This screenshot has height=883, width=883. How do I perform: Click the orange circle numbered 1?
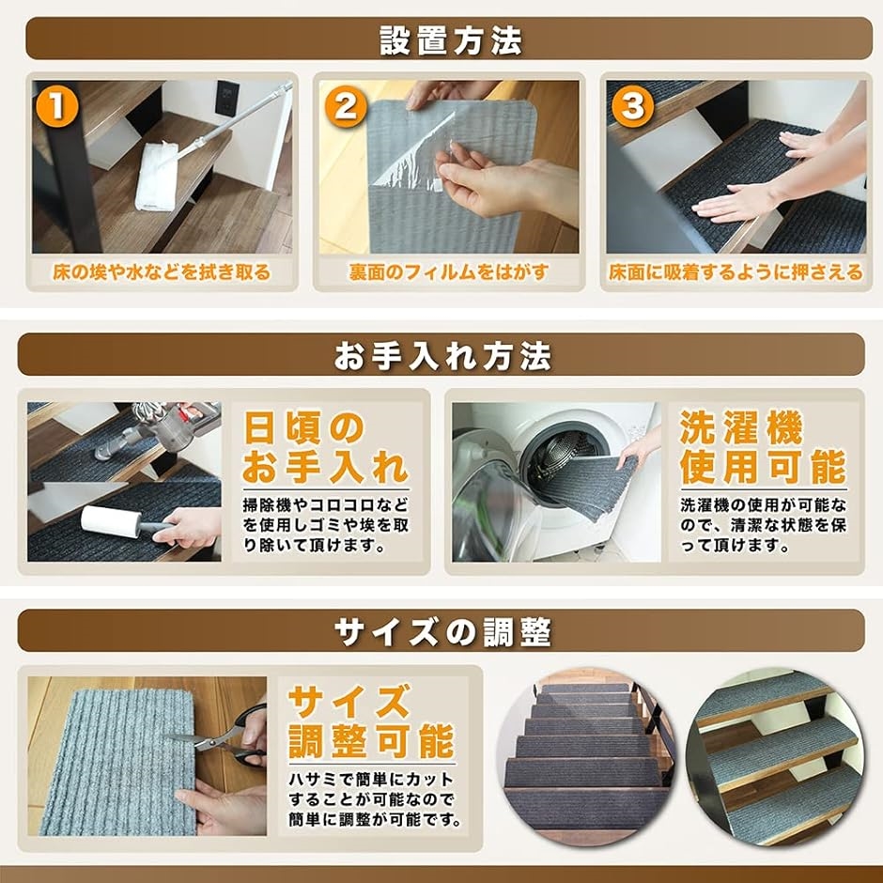(x=57, y=105)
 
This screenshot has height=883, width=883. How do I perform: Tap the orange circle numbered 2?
(x=346, y=105)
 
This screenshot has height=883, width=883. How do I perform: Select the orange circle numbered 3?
(x=632, y=105)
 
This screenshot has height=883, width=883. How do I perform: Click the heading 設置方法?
(x=451, y=40)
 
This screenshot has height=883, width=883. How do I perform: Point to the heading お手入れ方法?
(x=442, y=356)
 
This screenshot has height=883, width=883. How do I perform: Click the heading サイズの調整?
(x=442, y=632)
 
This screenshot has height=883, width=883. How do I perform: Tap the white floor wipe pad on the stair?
(x=157, y=177)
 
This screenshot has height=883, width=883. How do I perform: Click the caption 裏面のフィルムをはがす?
(x=449, y=272)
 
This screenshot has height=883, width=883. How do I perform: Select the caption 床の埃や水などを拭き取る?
(x=162, y=272)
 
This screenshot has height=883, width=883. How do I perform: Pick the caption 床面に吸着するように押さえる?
(x=736, y=272)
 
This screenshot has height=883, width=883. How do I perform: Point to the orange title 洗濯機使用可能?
(x=763, y=448)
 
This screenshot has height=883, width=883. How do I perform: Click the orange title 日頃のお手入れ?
(x=326, y=448)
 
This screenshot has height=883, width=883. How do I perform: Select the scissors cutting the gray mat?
(x=225, y=736)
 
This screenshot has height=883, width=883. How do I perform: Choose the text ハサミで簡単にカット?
(x=371, y=780)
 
